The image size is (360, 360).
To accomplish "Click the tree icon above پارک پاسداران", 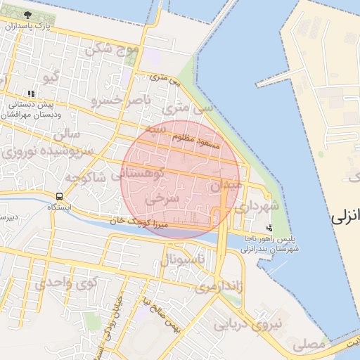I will pyautogui.click(x=27, y=15).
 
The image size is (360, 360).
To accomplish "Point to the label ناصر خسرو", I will pyautogui.click(x=120, y=101).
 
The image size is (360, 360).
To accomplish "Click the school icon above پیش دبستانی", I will pyautogui.click(x=30, y=94).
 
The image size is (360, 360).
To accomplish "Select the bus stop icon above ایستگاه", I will pyautogui.click(x=60, y=196).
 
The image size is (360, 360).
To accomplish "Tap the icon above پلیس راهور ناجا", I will pyautogui.click(x=269, y=228).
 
